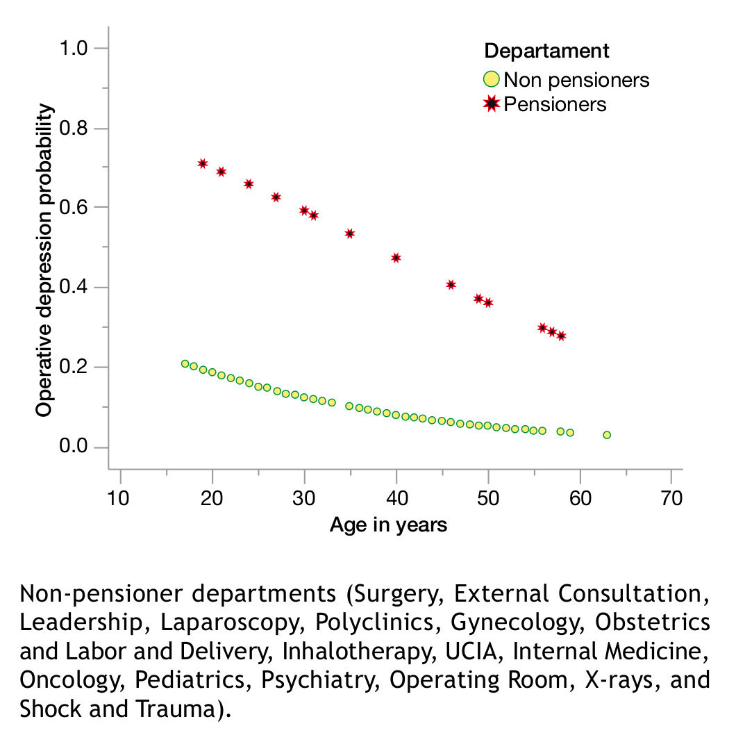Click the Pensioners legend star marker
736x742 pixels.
(492, 104)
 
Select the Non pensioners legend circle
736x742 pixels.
(492, 79)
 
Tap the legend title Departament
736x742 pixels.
(546, 51)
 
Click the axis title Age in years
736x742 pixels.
(388, 525)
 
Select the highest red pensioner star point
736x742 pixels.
(203, 163)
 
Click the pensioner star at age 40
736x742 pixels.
(396, 258)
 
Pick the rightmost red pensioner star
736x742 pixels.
(561, 336)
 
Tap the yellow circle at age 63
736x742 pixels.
(607, 435)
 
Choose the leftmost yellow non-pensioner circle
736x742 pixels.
(185, 364)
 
